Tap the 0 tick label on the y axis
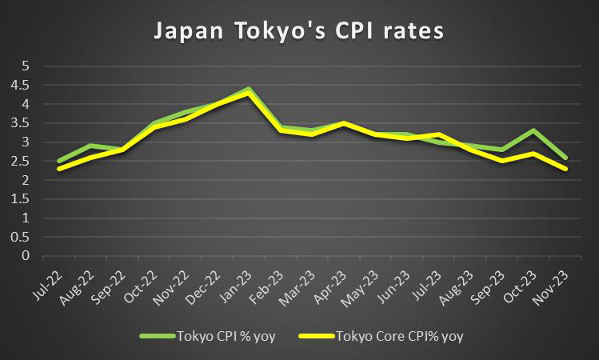[26, 257]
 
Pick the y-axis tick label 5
[26, 66]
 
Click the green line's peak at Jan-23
[249, 89]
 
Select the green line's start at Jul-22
[59, 161]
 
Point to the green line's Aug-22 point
[90, 146]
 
